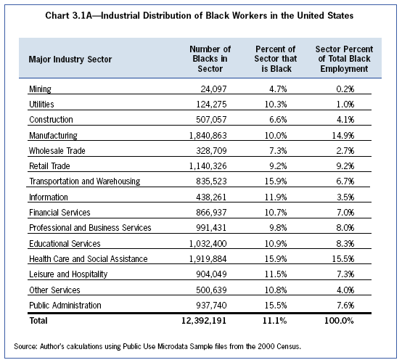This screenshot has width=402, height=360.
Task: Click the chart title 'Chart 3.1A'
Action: [x=69, y=16]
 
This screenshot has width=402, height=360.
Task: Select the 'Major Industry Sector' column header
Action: [x=70, y=60]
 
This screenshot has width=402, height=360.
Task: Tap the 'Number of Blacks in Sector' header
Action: [x=210, y=59]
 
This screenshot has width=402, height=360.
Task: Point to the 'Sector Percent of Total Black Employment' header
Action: [x=344, y=59]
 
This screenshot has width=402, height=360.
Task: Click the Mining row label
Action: [x=40, y=89]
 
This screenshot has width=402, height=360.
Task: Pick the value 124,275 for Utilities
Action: [x=211, y=105]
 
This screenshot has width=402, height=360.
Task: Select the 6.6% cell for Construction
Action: [x=278, y=120]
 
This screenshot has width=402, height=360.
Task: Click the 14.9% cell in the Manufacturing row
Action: [x=343, y=135]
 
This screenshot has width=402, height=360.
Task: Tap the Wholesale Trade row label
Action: [x=57, y=150]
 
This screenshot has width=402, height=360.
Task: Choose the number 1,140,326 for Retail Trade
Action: [x=208, y=166]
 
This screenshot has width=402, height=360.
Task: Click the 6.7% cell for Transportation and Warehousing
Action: [x=345, y=181]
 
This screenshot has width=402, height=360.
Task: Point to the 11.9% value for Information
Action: [x=276, y=197]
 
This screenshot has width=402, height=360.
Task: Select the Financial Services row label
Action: [x=60, y=213]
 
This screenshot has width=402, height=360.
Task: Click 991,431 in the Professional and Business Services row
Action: [x=211, y=228]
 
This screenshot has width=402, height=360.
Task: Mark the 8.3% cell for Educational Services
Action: [x=345, y=243]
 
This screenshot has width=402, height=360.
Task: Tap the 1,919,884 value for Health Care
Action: [x=208, y=258]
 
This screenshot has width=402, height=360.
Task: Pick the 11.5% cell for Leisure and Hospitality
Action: [x=276, y=274]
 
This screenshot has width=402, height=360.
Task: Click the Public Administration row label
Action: [x=65, y=305]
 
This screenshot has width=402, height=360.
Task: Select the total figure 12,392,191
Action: [x=204, y=321]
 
